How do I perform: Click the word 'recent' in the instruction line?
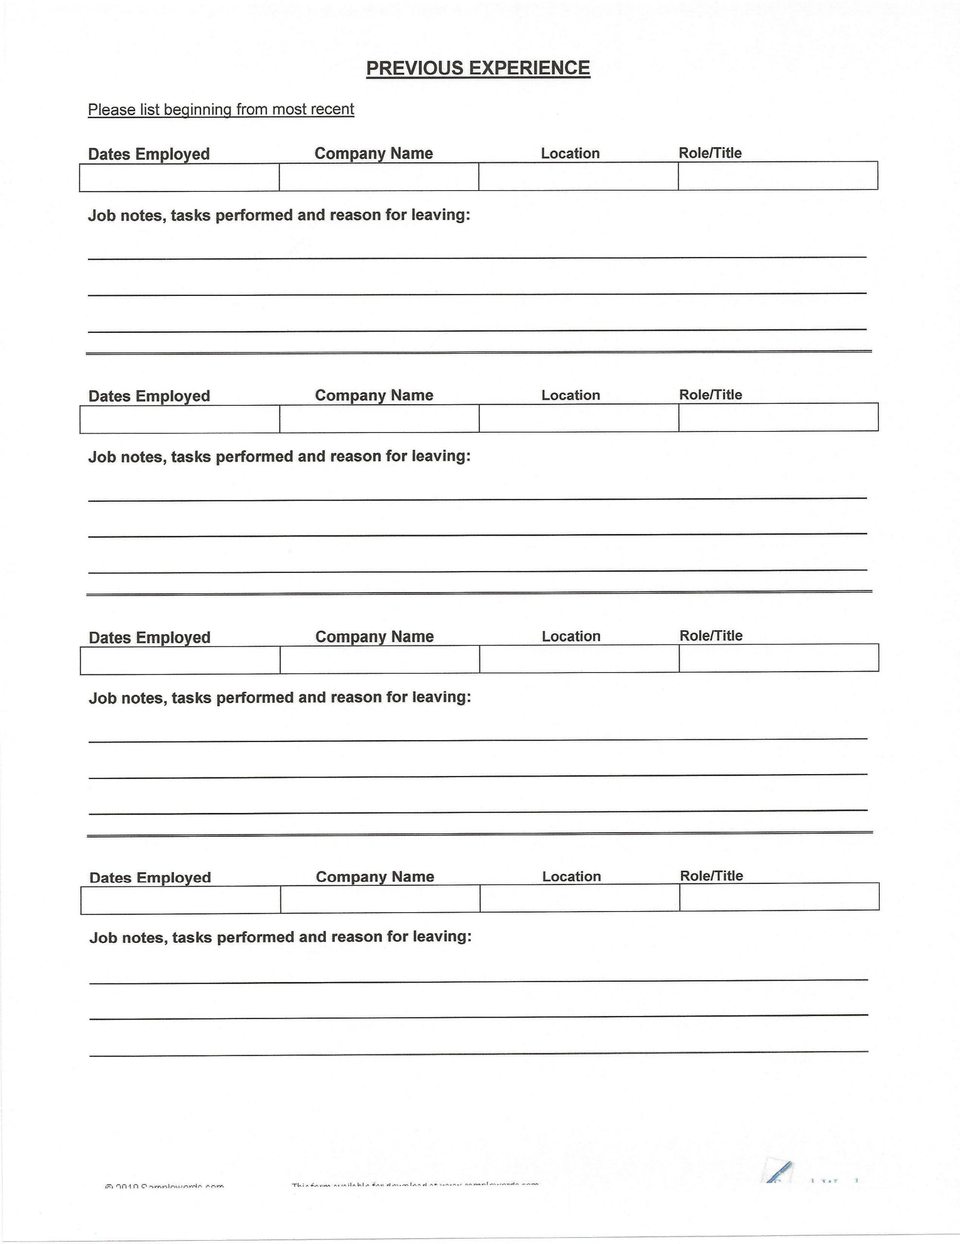coord(331,109)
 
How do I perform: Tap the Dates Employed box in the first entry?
coord(179,178)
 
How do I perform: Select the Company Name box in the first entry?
coord(378,177)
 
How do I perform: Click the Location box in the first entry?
coord(578,176)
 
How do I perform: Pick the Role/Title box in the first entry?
coord(778,175)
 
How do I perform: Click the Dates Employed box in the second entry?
coord(180,419)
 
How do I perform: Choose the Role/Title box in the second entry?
coord(778,417)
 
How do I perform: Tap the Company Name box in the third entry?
coord(380,659)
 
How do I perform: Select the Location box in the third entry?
coord(579,659)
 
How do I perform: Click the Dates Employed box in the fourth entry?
coord(181,900)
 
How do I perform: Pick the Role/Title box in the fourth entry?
coord(779,897)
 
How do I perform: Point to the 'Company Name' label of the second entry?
coord(374,395)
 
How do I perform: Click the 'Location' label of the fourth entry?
coord(571,877)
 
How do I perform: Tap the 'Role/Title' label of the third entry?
coord(711,636)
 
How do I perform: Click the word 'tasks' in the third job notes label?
coord(191,698)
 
